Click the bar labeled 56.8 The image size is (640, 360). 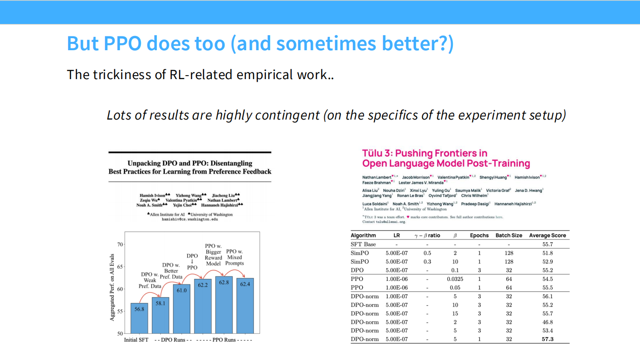click(x=139, y=318)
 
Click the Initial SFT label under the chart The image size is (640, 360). click(x=136, y=340)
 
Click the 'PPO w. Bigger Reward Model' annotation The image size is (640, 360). click(x=213, y=255)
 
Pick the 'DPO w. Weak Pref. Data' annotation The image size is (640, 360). click(x=150, y=280)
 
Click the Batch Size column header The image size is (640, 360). click(x=508, y=235)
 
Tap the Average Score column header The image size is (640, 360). click(x=547, y=235)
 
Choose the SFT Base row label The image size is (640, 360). click(x=363, y=244)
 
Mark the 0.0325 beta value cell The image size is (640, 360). click(x=455, y=279)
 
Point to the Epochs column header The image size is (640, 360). click(x=479, y=235)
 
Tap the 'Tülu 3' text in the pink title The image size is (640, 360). click(x=377, y=153)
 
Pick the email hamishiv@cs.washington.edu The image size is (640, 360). click(x=190, y=220)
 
